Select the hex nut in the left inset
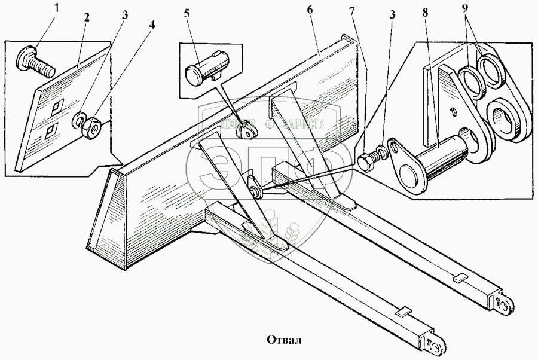point(93,126)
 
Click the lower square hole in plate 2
point(51,130)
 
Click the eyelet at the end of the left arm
point(434,345)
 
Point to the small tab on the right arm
point(460,278)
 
